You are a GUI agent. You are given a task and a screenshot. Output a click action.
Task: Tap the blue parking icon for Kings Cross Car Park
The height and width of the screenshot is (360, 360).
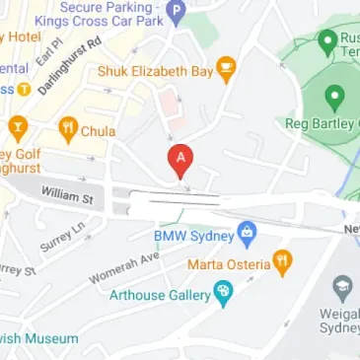click(x=176, y=13)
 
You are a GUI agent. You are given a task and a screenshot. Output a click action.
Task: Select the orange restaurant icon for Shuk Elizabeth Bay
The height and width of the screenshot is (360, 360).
click(x=227, y=70)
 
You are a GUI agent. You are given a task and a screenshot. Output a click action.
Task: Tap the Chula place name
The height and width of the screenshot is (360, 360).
click(x=99, y=130)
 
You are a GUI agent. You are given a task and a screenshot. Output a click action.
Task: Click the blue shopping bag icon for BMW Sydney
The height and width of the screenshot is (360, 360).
click(x=248, y=236)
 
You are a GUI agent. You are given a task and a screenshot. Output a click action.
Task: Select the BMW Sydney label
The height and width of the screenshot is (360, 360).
click(x=193, y=237)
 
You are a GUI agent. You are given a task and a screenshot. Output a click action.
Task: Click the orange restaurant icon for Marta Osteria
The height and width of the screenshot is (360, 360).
click(x=283, y=262)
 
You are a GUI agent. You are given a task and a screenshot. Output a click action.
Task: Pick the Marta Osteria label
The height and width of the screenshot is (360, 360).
click(x=228, y=263)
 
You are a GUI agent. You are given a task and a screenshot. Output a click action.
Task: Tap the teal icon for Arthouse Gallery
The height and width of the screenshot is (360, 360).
click(x=223, y=292)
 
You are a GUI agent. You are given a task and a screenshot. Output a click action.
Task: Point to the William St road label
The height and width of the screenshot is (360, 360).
click(x=67, y=196)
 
